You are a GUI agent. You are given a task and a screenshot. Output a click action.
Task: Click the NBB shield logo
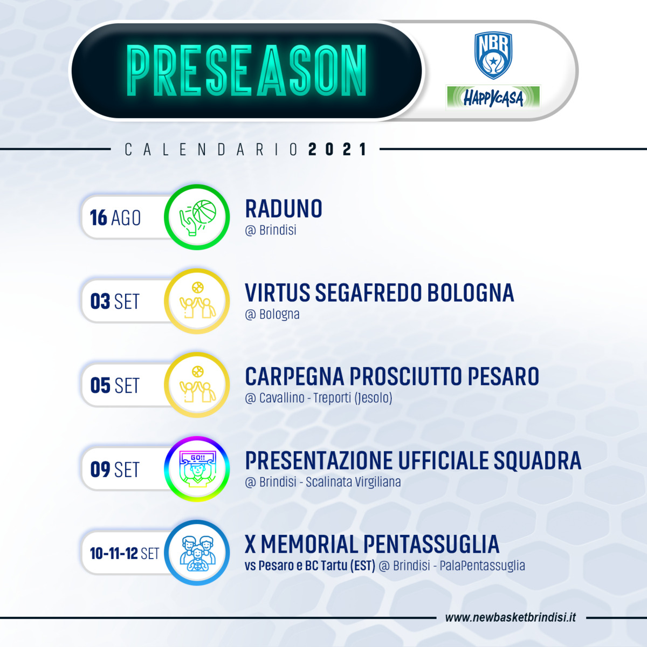[493, 56]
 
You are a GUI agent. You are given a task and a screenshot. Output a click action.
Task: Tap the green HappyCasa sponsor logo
[493, 98]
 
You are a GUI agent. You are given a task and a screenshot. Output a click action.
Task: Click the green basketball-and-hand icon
[197, 217]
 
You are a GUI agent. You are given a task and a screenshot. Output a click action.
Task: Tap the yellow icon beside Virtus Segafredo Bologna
[197, 301]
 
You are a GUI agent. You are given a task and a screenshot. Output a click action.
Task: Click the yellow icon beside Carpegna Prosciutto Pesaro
[197, 385]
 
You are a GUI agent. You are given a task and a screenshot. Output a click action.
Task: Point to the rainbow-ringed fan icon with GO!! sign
[197, 469]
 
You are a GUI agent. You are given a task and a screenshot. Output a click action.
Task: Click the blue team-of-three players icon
[197, 553]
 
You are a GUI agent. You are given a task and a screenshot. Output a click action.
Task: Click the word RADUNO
[284, 209]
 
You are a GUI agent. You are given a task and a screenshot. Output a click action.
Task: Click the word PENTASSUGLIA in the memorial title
[431, 544]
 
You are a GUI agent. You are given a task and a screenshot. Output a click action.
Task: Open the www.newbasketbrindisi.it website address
[511, 617]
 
